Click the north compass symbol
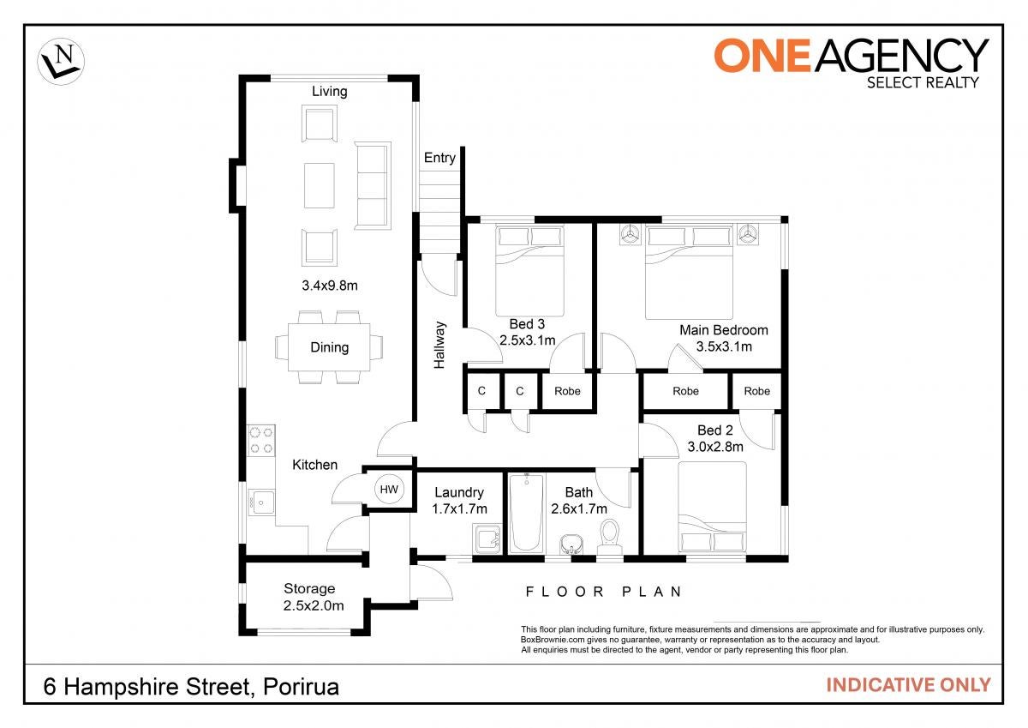pyautogui.click(x=61, y=62)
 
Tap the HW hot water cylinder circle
pyautogui.click(x=389, y=489)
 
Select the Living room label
pyautogui.click(x=330, y=92)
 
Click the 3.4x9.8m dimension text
pyautogui.click(x=330, y=286)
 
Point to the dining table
pyautogui.click(x=329, y=347)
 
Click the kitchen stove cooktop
pyautogui.click(x=261, y=440)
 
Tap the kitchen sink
pyautogui.click(x=261, y=503)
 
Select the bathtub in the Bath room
pyautogui.click(x=526, y=513)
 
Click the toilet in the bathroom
pyautogui.click(x=610, y=538)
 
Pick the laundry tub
pyautogui.click(x=487, y=538)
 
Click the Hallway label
pyautogui.click(x=439, y=345)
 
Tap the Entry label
pyautogui.click(x=439, y=158)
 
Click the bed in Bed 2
pyautogui.click(x=712, y=507)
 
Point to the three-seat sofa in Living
pyautogui.click(x=373, y=185)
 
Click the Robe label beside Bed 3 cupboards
pyautogui.click(x=567, y=391)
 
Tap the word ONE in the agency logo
pyautogui.click(x=762, y=56)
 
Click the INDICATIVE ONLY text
pyautogui.click(x=908, y=685)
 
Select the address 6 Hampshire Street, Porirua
pyautogui.click(x=191, y=687)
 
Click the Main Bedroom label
pyautogui.click(x=724, y=330)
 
